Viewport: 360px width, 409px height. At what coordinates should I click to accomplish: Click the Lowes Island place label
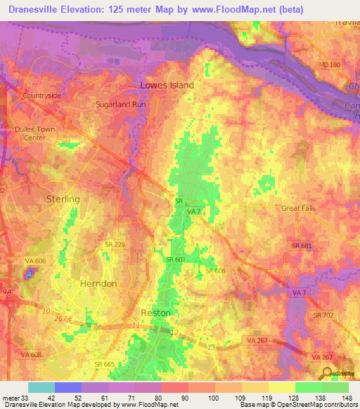(167, 85)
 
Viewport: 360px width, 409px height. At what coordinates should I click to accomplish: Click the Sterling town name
(63, 200)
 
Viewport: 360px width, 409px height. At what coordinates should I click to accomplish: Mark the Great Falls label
(300, 208)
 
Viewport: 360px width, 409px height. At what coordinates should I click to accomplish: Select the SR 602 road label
(175, 259)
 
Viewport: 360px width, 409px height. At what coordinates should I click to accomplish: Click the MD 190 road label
(328, 65)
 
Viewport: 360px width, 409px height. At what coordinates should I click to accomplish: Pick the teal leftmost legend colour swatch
(41, 387)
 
